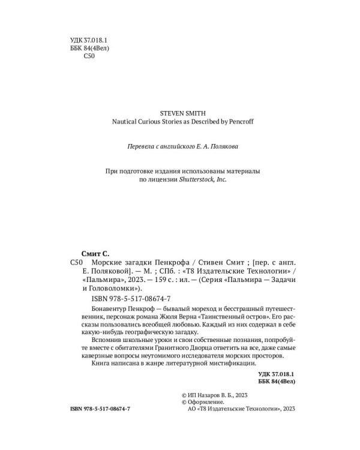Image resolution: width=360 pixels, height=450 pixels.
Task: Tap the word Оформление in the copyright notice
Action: (x=205, y=402)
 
